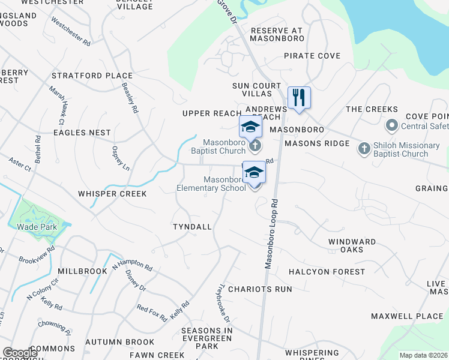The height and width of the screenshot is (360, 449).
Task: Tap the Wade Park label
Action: tap(37, 227)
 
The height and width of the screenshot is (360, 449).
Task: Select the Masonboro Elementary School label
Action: tap(211, 184)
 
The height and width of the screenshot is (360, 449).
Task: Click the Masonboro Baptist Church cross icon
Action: tap(255, 146)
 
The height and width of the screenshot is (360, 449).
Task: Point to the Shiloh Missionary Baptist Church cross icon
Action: tap(364, 149)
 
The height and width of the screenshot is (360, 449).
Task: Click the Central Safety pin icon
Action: tap(392, 126)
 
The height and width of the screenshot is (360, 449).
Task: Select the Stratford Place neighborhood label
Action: tap(92, 76)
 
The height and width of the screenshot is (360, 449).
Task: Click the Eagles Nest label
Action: tap(82, 132)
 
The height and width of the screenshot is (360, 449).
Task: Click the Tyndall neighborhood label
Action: tap(192, 227)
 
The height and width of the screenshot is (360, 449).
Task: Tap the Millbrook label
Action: tap(82, 271)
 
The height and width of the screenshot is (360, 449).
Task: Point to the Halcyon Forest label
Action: tap(327, 272)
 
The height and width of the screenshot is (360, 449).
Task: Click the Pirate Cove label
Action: tap(312, 56)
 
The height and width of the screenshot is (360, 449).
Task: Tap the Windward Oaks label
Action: tap(352, 245)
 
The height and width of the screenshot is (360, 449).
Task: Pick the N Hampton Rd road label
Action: tap(131, 263)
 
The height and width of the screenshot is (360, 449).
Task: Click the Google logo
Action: tap(20, 353)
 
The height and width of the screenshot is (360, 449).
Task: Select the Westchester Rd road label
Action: tap(71, 31)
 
